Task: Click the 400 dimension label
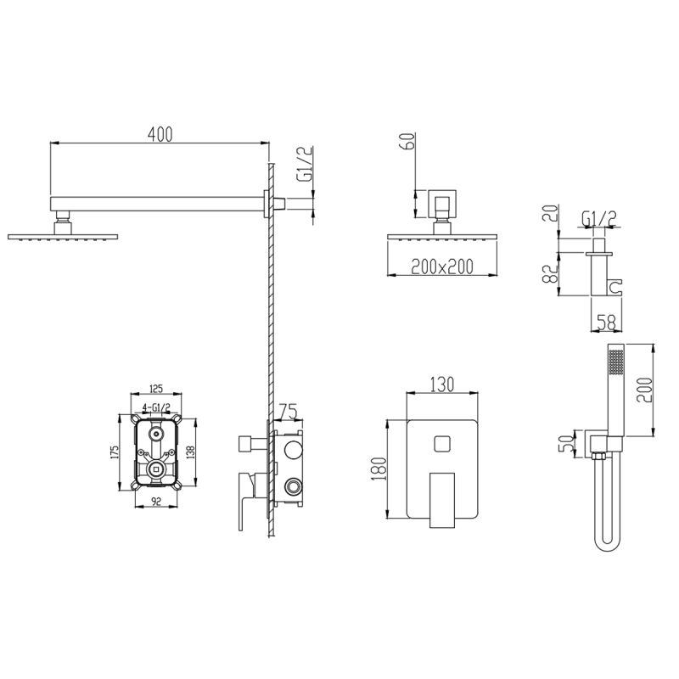(160, 134)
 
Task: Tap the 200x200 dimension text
(442, 267)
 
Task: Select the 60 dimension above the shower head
(409, 141)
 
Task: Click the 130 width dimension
(442, 384)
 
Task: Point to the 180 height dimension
(379, 469)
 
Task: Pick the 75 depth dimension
(289, 412)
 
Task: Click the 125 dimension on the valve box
(156, 389)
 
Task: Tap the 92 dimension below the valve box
(156, 502)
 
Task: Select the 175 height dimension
(115, 453)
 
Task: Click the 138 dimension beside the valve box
(191, 451)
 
